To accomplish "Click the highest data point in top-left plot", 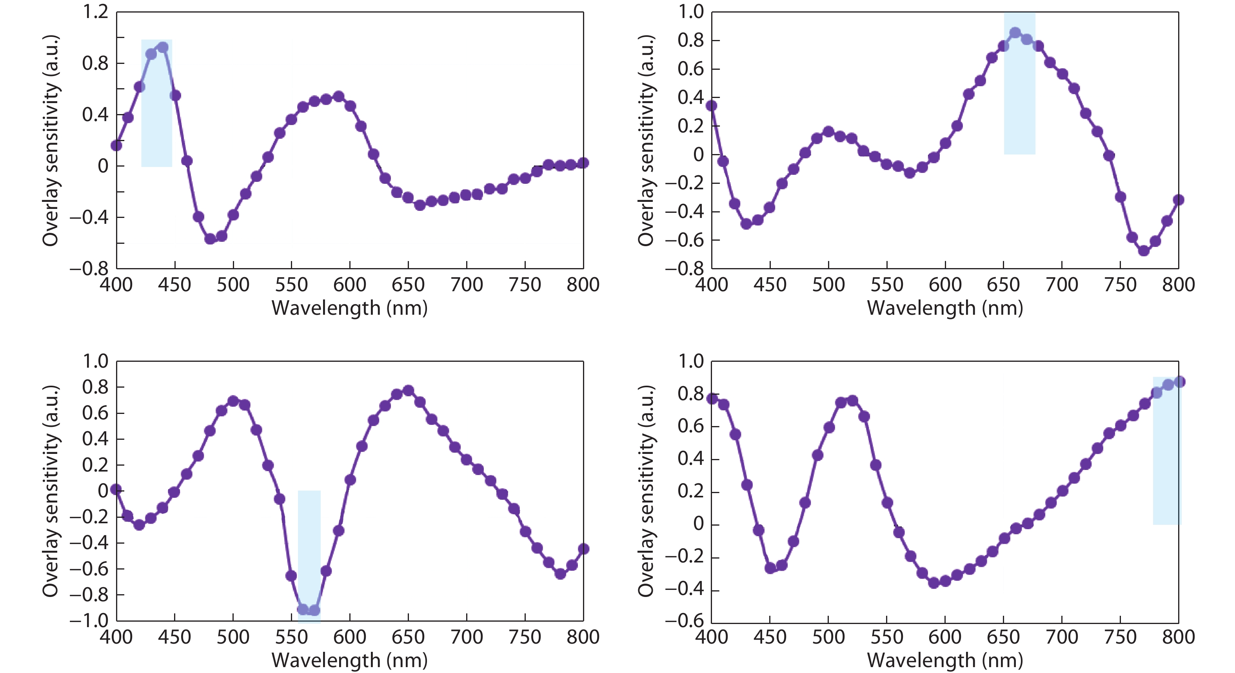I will click(x=163, y=47).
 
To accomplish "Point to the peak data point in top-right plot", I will click(x=1015, y=33).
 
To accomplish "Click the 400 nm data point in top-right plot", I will click(x=712, y=105).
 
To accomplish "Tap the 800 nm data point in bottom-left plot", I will click(x=583, y=549).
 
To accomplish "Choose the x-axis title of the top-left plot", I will click(x=349, y=308).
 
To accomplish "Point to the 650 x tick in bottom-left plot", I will click(x=408, y=637).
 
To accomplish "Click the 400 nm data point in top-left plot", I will click(x=116, y=145).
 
